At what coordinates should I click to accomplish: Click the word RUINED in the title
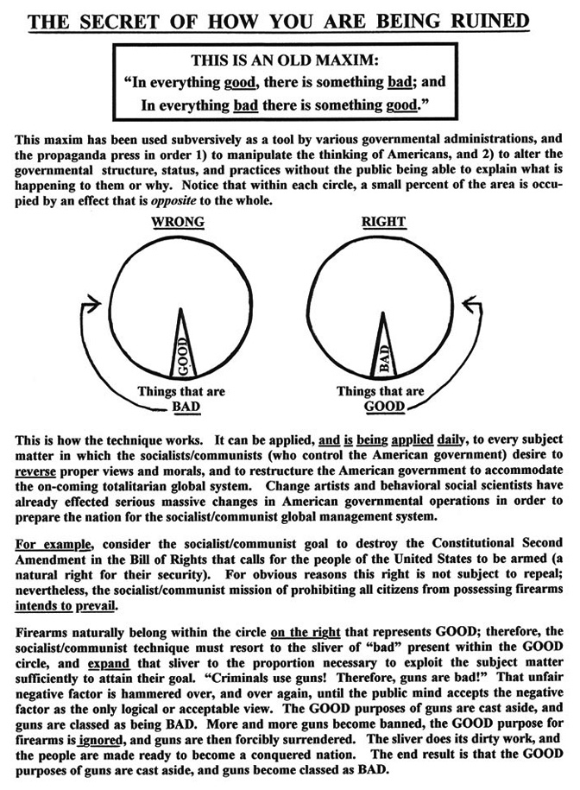(x=509, y=18)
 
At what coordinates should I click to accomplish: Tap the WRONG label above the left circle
(x=178, y=222)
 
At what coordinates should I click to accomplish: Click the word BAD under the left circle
(x=183, y=406)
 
